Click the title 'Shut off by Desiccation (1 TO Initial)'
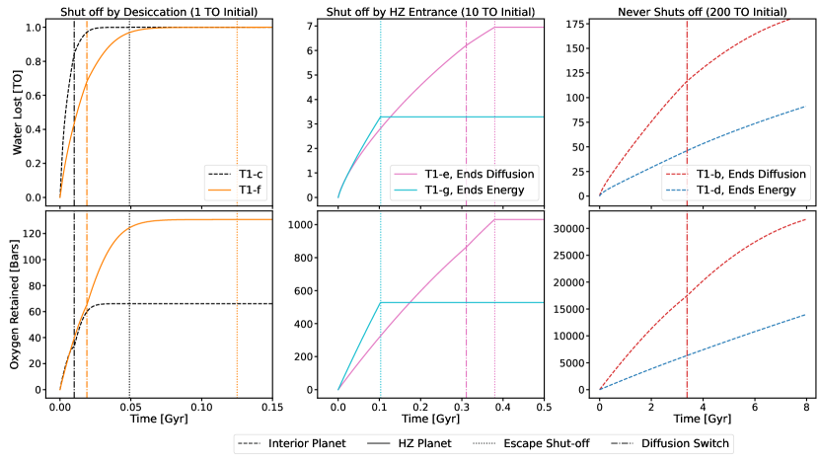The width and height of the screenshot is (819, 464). (x=162, y=10)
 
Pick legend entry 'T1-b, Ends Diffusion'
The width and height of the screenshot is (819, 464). (x=747, y=172)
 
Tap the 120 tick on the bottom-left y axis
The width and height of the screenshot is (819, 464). (x=38, y=233)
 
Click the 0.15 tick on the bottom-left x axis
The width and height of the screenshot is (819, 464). (x=271, y=407)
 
